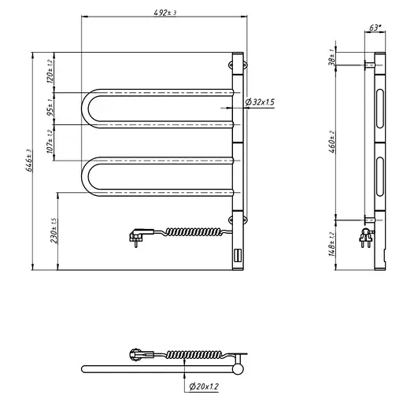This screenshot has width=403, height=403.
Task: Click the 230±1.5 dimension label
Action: [54, 231]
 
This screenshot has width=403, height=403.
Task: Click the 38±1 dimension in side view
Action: [333, 57]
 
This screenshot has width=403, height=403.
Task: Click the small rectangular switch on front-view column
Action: [238, 255]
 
